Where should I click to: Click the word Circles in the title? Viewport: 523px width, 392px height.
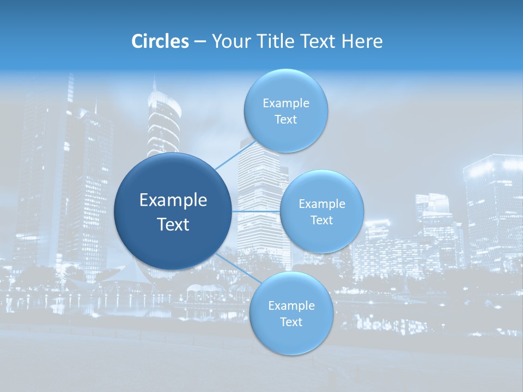tap(160, 41)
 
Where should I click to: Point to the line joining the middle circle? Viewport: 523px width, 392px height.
tap(256, 211)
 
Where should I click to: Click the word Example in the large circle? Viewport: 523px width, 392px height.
tap(173, 200)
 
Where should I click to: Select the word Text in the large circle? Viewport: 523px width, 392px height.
tap(173, 224)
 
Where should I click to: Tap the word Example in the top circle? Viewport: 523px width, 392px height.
tap(285, 103)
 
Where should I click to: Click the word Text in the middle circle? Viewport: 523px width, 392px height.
tap(321, 220)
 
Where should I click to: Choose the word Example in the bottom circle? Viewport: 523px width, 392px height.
tap(291, 306)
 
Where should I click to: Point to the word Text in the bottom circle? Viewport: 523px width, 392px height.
tap(291, 322)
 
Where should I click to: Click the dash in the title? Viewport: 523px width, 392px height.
tap(200, 41)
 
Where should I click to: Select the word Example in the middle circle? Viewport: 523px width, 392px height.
tap(321, 204)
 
